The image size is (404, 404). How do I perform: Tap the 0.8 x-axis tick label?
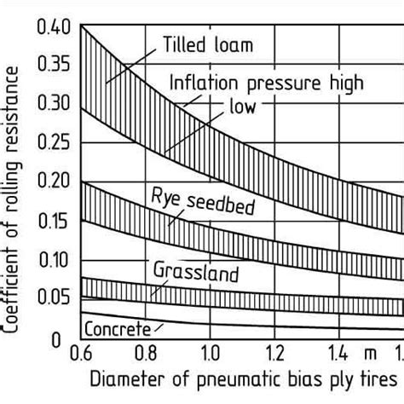(x=146, y=351)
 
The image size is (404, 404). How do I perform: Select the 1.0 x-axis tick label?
(x=210, y=351)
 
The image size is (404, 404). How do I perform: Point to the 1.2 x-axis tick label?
(x=274, y=351)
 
